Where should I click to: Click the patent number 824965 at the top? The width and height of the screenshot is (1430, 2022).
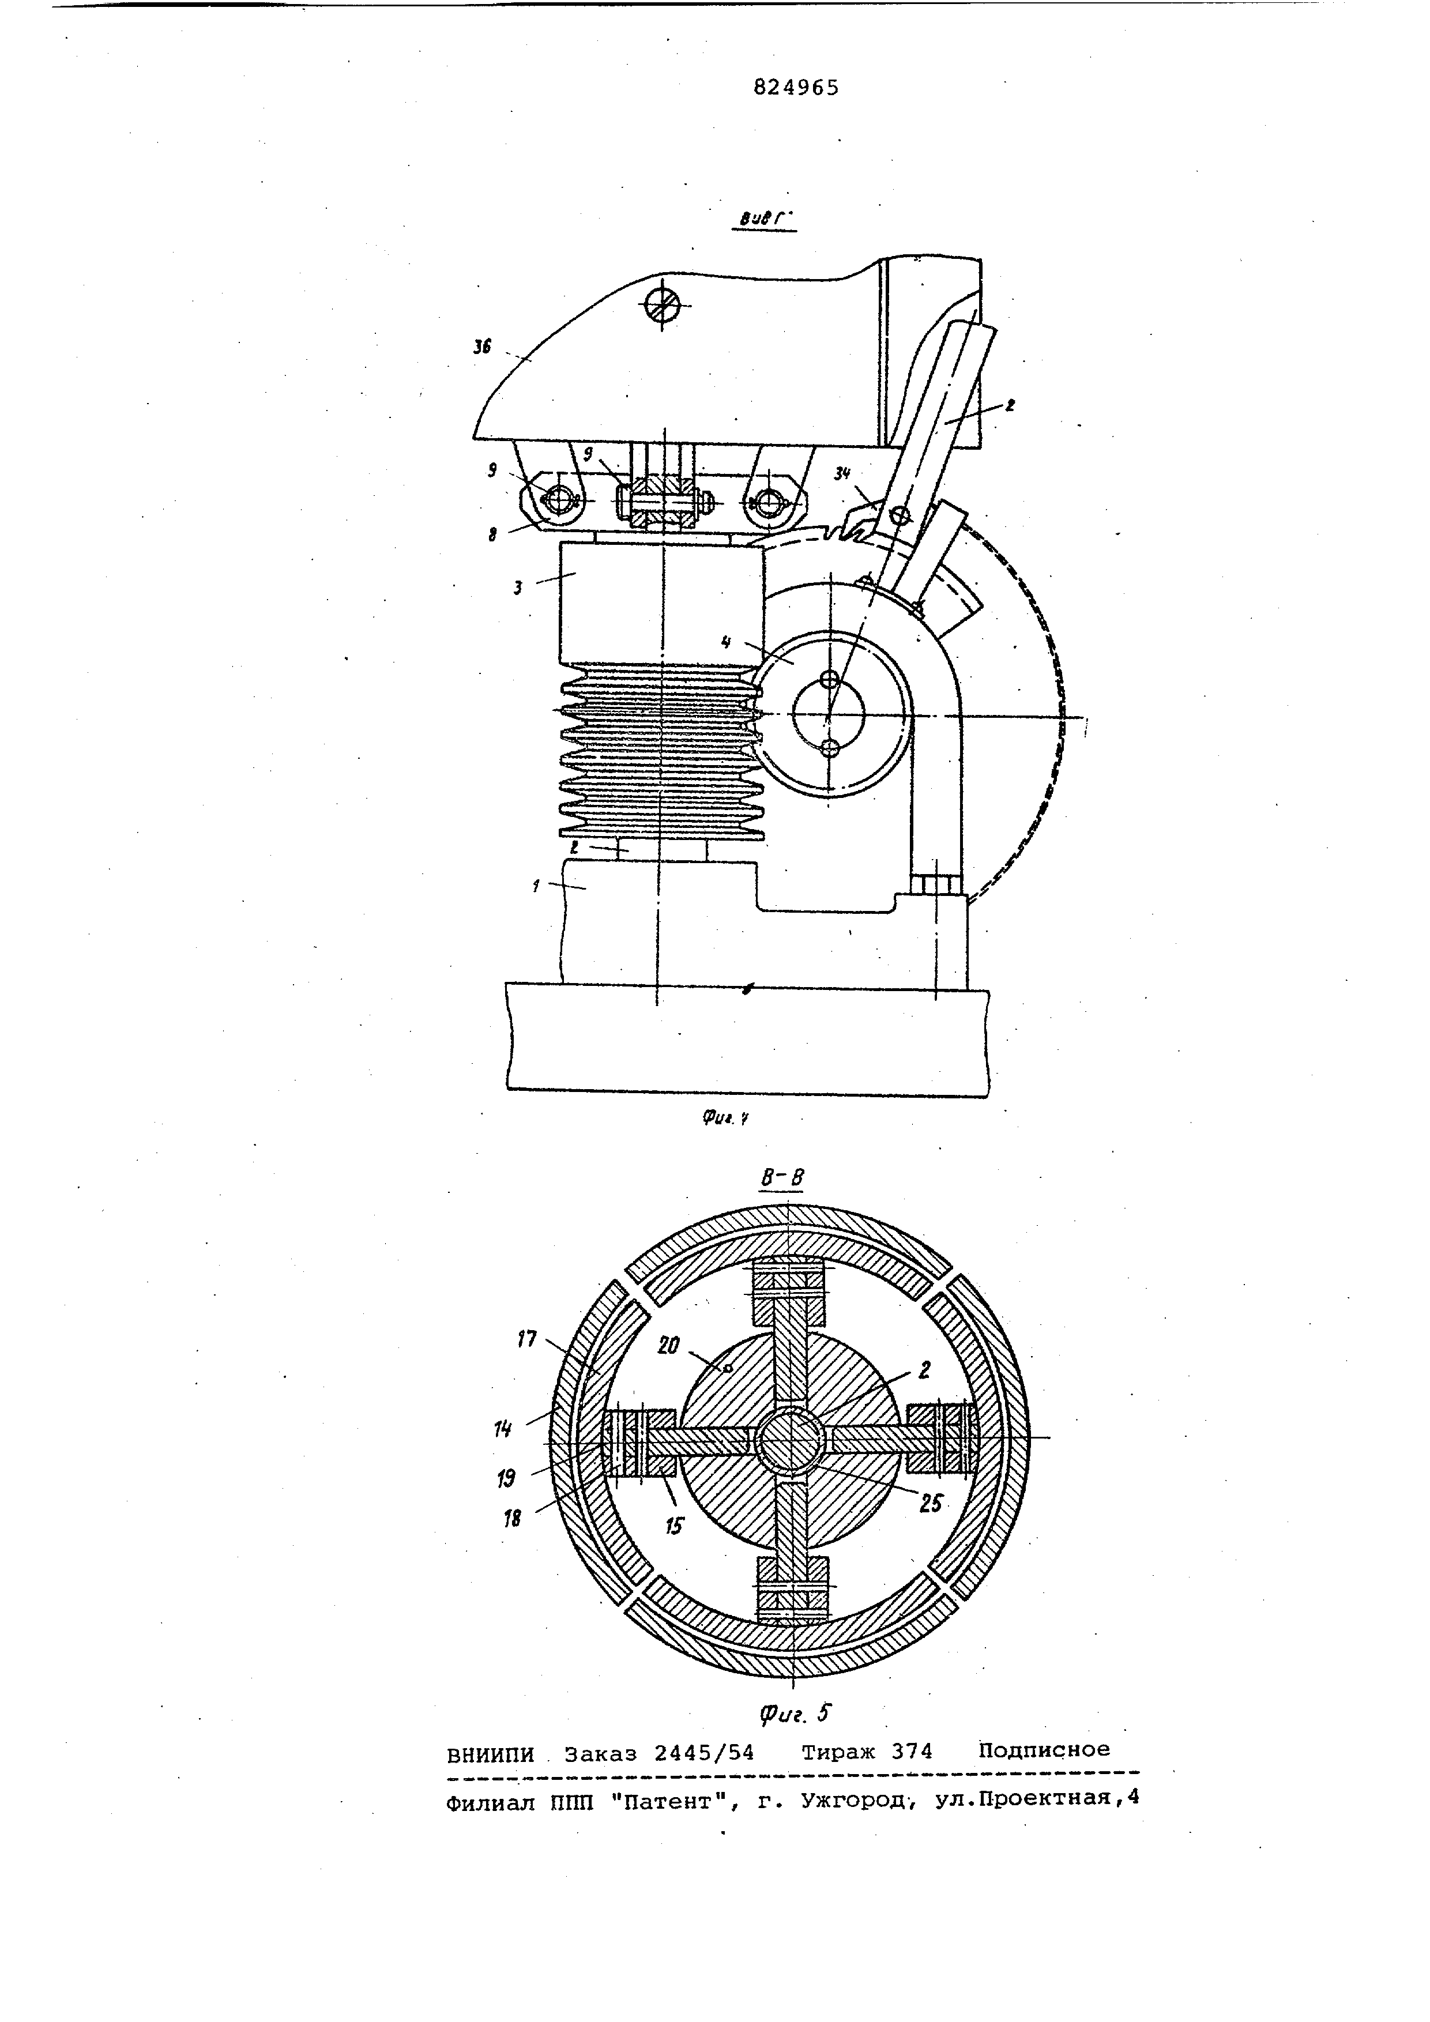pos(796,87)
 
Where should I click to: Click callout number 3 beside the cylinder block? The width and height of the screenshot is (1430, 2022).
pos(518,588)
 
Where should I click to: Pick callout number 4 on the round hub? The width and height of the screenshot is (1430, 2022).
pos(725,642)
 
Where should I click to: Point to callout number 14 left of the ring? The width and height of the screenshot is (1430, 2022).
pos(503,1429)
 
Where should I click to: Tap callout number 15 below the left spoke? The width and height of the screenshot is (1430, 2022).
pos(673,1526)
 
